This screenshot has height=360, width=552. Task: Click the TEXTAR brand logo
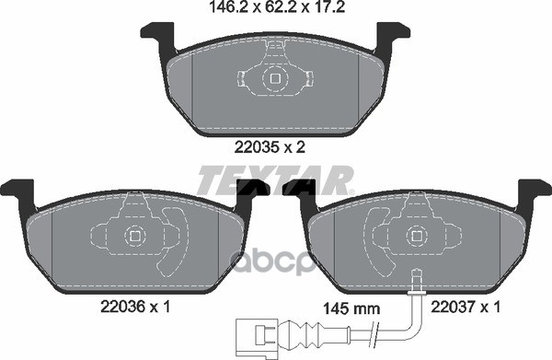(x=275, y=178)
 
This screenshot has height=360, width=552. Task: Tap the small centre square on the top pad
(x=275, y=79)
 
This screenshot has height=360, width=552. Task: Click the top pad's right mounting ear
(x=393, y=37)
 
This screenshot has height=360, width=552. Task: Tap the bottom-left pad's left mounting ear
(x=17, y=192)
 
